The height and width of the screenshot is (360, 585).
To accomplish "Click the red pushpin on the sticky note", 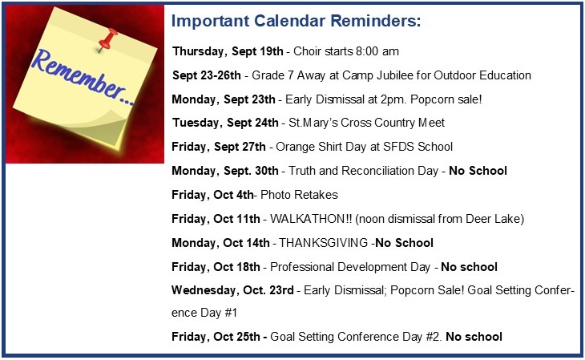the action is (x=108, y=40).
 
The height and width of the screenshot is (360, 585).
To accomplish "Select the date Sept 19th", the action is (x=257, y=51).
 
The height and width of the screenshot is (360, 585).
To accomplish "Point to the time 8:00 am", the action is (x=377, y=51).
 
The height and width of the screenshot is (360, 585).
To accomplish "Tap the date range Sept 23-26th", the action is (x=206, y=75).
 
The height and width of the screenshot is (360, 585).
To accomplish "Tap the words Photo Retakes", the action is (x=299, y=195).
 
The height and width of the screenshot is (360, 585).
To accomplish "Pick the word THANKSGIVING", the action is (x=324, y=243).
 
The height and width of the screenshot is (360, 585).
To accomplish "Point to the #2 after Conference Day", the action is (x=434, y=337).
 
